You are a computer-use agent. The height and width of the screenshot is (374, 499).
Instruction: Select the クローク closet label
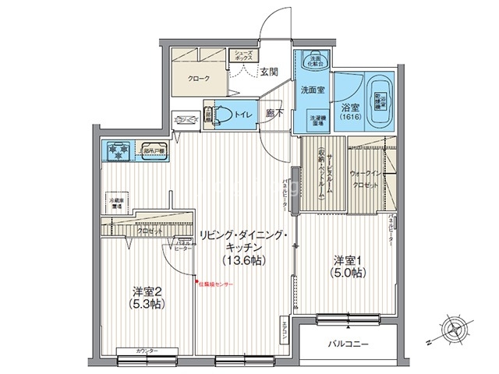[198, 78]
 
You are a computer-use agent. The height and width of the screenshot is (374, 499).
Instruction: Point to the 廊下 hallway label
[274, 114]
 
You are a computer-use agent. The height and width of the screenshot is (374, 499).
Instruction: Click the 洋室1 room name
[349, 259]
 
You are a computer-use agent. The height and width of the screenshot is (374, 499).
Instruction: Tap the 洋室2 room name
[145, 291]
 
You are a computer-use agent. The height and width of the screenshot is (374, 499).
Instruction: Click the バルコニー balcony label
[348, 343]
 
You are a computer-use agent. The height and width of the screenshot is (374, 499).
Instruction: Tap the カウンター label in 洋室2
[147, 351]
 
